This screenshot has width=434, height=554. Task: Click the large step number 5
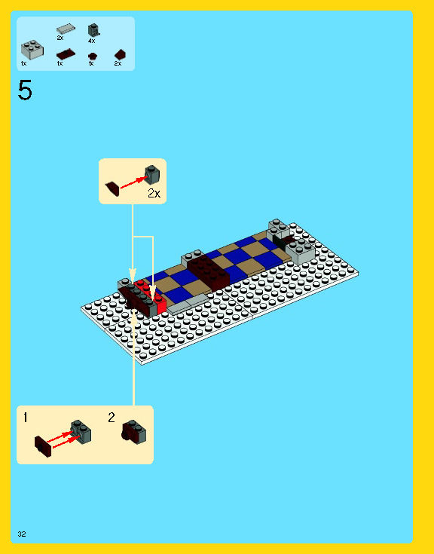coord(25,90)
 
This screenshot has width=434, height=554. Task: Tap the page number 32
coord(22,534)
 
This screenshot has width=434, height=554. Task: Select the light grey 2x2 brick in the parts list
coord(32,50)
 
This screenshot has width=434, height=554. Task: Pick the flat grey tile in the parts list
coord(66,29)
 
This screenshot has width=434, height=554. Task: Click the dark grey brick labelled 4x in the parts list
coord(93,30)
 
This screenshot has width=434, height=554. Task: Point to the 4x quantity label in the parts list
coord(91,41)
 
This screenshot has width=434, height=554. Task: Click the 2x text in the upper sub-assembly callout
coord(154,193)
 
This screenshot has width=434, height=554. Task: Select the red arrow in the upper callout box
coord(133,182)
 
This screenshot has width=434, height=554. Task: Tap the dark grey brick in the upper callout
coord(152,175)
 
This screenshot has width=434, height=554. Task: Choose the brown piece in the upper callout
coord(113,188)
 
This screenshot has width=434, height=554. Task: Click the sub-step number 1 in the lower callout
coord(25,418)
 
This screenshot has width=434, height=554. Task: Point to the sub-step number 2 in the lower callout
coord(112,418)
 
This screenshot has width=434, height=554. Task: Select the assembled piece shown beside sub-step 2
coord(134,432)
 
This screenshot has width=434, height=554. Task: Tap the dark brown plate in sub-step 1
coord(43,446)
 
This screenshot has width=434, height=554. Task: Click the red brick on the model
coord(151,296)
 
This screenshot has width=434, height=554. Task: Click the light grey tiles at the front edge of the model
coord(188,304)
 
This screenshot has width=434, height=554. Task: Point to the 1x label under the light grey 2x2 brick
coord(23,63)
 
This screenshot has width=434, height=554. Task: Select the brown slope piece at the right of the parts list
coord(120,54)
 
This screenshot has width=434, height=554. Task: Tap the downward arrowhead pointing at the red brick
coord(152,293)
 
